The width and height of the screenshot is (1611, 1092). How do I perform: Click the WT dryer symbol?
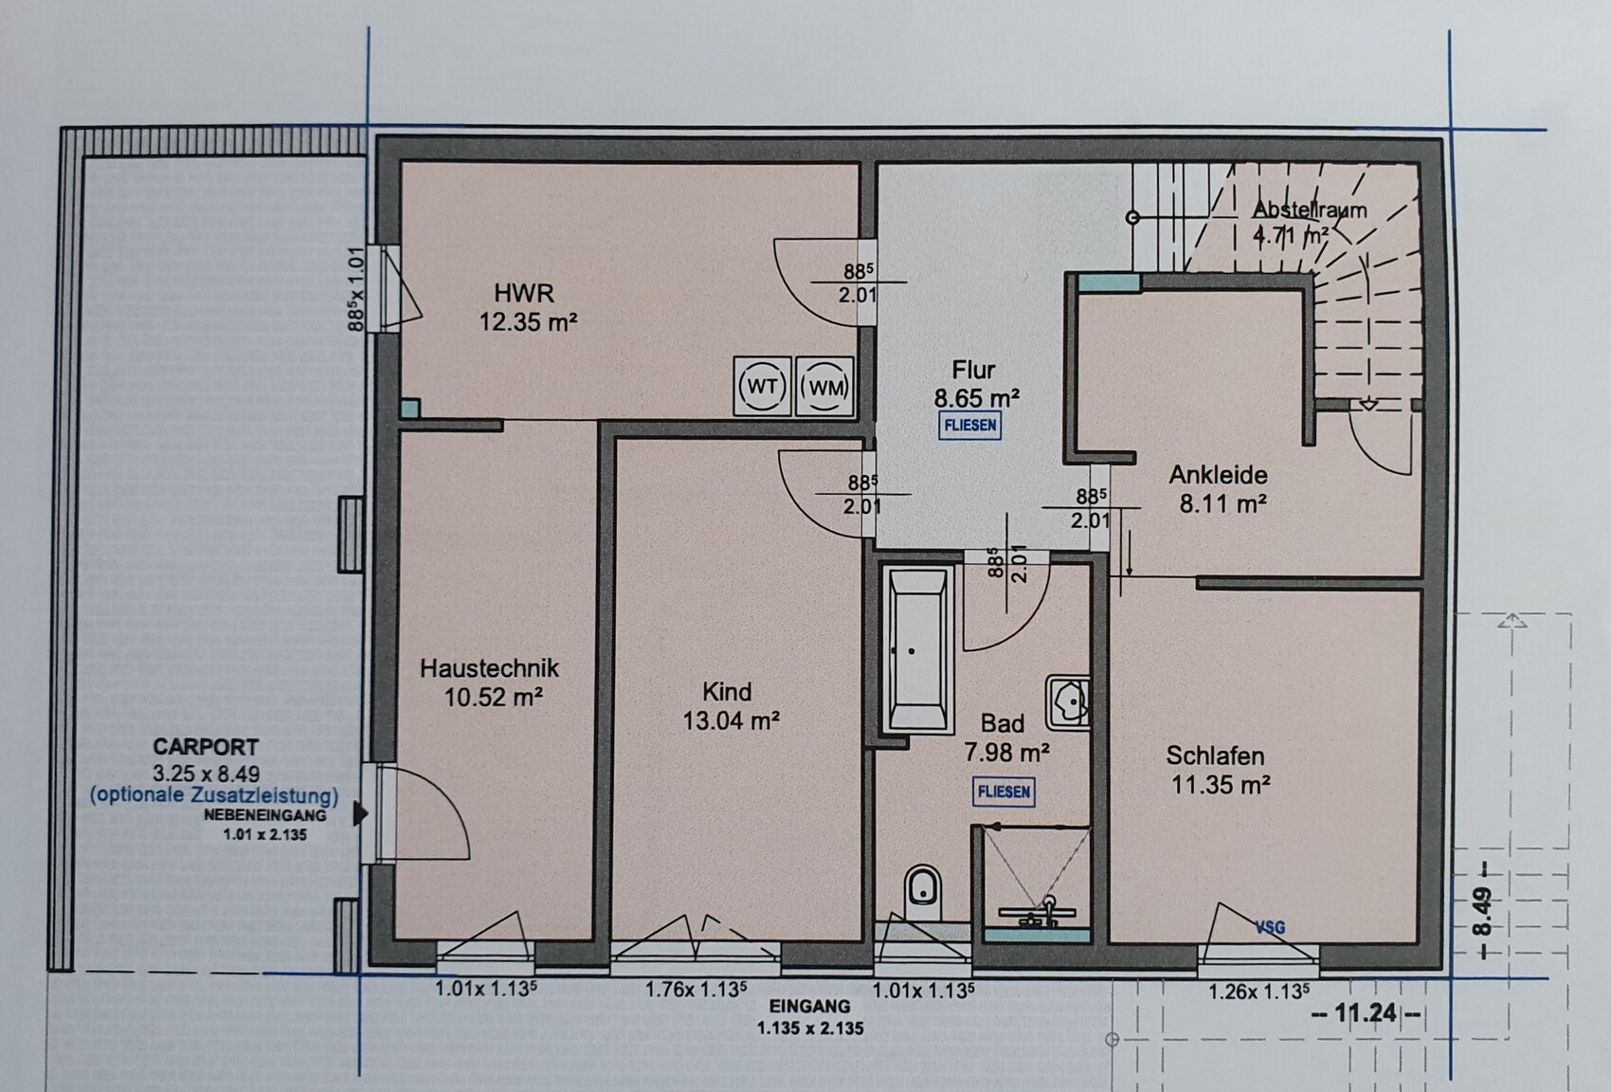(x=762, y=387)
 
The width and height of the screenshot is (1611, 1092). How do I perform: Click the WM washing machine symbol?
(x=824, y=387)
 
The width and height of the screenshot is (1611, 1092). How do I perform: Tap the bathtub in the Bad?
(x=917, y=649)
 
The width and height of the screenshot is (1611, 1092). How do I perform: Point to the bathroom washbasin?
(x=1068, y=701)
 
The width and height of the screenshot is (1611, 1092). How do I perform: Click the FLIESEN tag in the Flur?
(x=970, y=426)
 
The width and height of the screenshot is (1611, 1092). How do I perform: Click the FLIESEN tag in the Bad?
(x=1004, y=792)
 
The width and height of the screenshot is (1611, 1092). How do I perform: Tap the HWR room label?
(x=523, y=293)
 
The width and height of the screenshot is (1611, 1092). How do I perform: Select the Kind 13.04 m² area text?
(x=731, y=720)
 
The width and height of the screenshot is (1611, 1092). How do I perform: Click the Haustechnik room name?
(x=489, y=668)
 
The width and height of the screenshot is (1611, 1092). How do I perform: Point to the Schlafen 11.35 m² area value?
(x=1221, y=784)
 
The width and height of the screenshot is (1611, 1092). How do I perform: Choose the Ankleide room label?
(x=1219, y=475)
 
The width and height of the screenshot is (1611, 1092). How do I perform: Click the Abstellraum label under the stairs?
(x=1309, y=210)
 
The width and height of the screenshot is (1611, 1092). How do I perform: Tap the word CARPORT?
(x=206, y=747)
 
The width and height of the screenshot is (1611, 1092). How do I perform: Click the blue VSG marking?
(x=1270, y=928)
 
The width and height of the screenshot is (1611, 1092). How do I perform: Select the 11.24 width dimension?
(x=1365, y=1013)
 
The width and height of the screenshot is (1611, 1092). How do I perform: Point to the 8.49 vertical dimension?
(x=1481, y=912)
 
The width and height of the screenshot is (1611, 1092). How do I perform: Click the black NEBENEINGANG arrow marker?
(x=359, y=814)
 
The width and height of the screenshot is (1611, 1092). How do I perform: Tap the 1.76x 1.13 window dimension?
(x=696, y=990)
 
